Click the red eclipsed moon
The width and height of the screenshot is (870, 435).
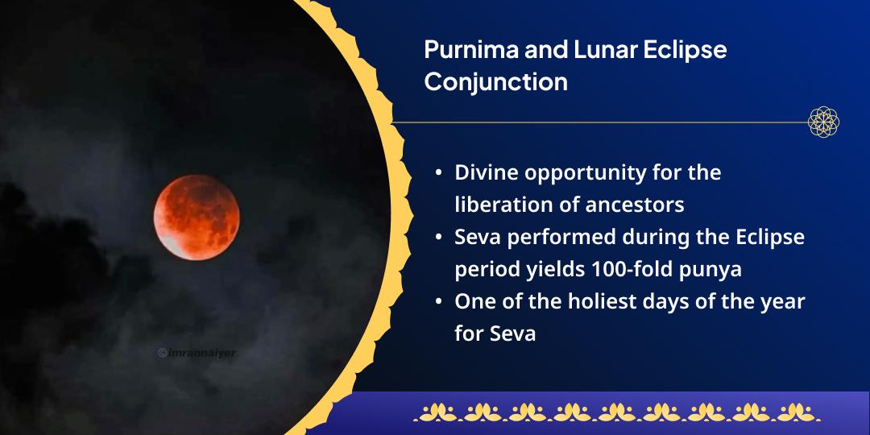click(197, 217)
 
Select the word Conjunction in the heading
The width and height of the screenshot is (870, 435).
click(495, 81)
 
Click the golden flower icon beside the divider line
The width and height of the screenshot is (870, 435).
click(823, 122)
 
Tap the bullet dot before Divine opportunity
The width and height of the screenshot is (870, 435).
click(437, 173)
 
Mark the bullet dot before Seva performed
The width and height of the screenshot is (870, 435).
click(437, 238)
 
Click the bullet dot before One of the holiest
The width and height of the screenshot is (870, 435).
click(437, 302)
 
